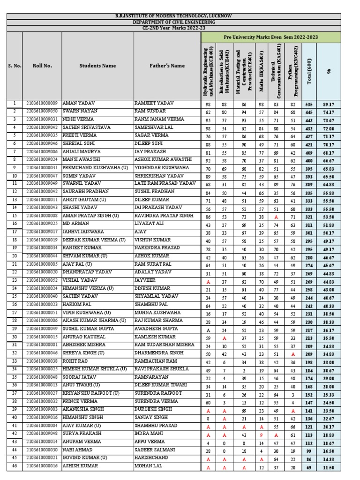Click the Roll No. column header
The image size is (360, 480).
42,66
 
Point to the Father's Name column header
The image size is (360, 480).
167,66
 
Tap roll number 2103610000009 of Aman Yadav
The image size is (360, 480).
42,103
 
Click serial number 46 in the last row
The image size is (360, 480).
14,466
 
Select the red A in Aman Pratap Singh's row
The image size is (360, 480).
276,217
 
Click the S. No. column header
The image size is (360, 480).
14,66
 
